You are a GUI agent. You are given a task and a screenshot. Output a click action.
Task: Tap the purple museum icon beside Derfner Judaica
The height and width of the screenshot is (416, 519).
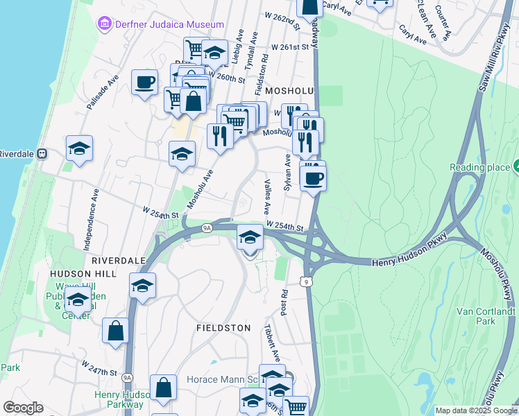105,24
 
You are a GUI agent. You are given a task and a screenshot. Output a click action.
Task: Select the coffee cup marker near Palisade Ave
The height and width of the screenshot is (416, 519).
144,83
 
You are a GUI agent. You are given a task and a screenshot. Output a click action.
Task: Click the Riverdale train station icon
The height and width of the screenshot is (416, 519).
42,154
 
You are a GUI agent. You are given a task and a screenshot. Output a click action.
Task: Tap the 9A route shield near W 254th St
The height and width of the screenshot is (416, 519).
207,227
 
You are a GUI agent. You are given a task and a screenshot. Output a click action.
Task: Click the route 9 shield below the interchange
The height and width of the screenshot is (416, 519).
305,281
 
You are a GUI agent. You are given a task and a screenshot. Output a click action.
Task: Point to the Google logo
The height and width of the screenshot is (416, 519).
23,408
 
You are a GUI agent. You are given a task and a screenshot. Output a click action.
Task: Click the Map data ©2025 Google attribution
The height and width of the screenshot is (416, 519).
476,410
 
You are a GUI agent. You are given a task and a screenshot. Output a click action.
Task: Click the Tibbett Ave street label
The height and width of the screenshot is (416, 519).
271,341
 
